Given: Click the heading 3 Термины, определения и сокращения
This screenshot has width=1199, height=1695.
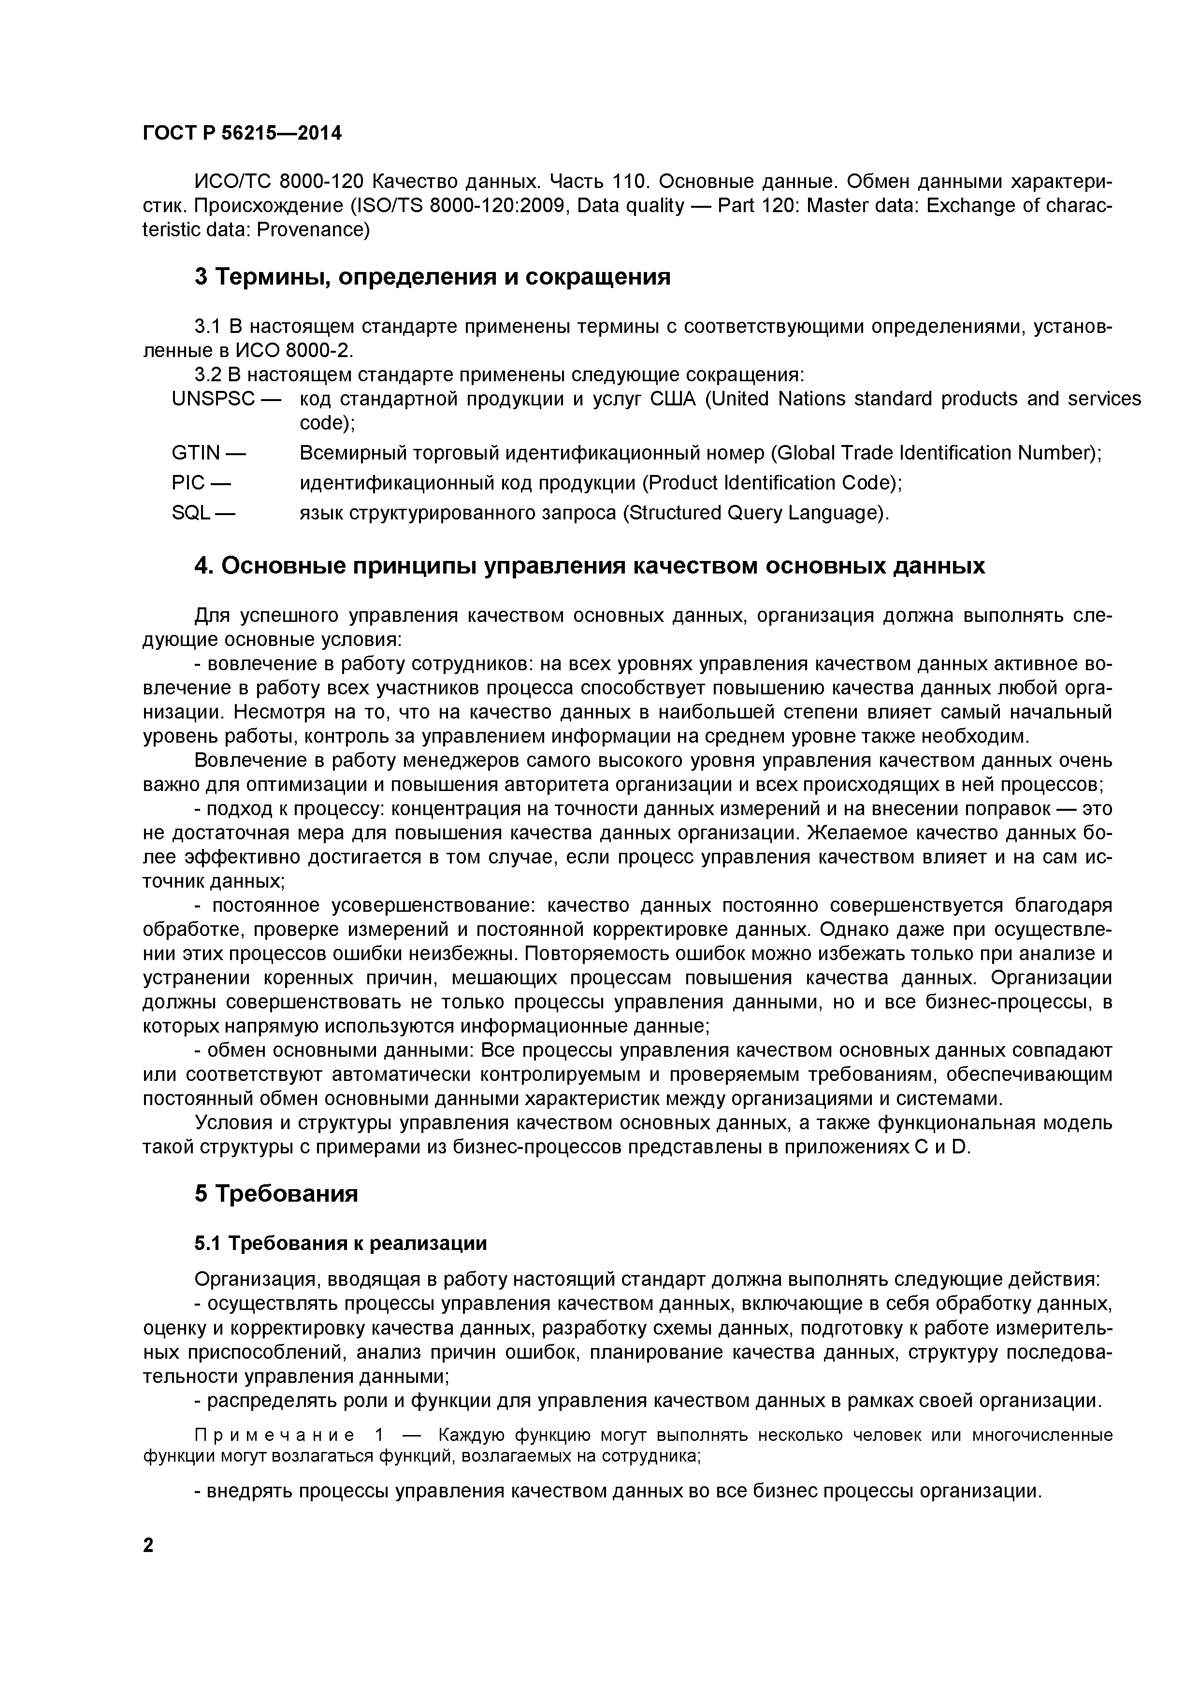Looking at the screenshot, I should point(432,277).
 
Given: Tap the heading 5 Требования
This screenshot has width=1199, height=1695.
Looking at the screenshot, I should point(276,1194).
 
